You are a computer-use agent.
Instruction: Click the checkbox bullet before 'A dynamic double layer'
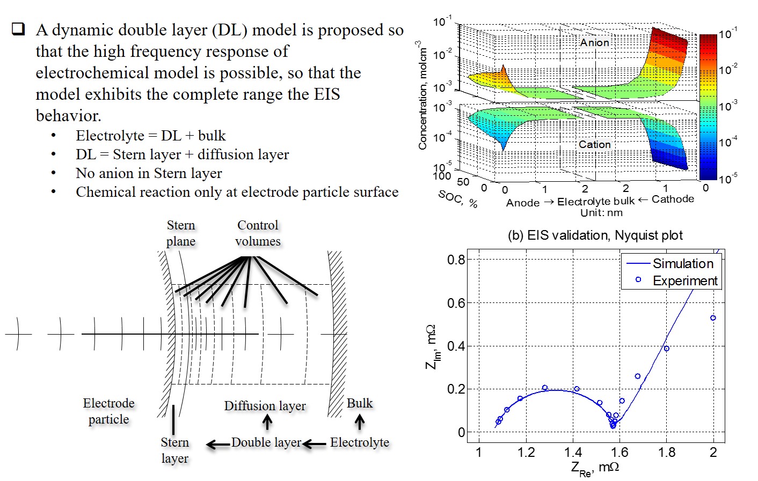point(18,29)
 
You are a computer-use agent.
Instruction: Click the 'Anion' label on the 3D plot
point(594,42)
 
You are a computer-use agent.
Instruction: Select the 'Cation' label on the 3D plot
point(594,144)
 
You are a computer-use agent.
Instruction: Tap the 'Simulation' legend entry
point(683,263)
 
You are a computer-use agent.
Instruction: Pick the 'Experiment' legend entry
point(685,280)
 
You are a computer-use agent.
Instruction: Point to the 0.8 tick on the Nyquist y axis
point(456,260)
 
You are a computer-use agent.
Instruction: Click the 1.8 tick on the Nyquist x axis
point(667,453)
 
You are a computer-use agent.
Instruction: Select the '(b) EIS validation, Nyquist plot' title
point(595,235)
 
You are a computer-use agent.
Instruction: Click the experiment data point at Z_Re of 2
point(713,318)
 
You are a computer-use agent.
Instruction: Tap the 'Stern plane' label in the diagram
point(180,233)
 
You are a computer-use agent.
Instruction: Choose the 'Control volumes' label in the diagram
point(258,233)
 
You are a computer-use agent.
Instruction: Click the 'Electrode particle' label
point(108,411)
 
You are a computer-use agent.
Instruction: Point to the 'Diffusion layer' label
point(265,406)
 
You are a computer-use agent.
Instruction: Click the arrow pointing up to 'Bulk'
point(360,423)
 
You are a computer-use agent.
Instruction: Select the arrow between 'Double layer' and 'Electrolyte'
point(315,443)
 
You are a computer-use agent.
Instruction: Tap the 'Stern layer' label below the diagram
point(174,450)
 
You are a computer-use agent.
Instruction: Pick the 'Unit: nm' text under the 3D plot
point(601,212)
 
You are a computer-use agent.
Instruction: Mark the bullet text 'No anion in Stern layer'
point(149,173)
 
